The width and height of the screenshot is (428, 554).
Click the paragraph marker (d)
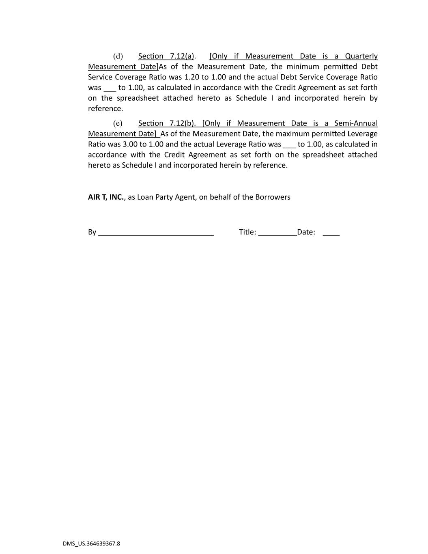(118, 56)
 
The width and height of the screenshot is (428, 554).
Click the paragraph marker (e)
(118, 123)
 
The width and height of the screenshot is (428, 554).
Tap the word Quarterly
(361, 56)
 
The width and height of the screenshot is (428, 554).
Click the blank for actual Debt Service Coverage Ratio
(110, 88)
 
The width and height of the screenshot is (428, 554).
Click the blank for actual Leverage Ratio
(290, 145)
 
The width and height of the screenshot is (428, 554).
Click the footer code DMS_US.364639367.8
(91, 543)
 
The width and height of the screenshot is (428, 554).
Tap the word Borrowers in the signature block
(272, 197)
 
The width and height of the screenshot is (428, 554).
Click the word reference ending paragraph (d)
(105, 109)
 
